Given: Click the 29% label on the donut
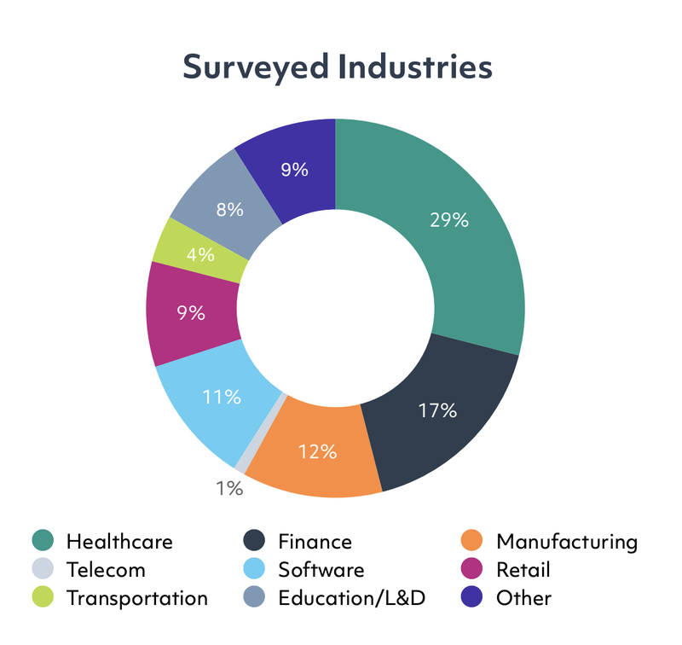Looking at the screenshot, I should tap(448, 220).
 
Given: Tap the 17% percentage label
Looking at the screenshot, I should tap(438, 410).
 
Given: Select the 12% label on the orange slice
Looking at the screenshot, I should tap(315, 451).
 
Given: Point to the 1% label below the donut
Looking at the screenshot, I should tap(229, 489).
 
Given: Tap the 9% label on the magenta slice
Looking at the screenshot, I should tap(191, 312).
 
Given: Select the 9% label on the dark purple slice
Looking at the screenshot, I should tap(294, 169).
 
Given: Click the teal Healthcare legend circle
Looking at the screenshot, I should tap(43, 541).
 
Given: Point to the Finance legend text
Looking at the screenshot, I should tap(315, 541).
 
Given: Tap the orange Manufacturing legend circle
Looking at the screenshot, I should tap(471, 541).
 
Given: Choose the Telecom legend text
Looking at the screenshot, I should tap(106, 569).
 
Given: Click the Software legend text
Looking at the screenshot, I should tap(321, 569).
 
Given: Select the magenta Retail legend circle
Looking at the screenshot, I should tap(471, 569).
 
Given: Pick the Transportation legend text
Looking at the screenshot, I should tap(136, 598).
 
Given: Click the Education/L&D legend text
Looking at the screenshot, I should tap(352, 598).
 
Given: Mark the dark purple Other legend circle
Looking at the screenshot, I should tap(471, 598).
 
